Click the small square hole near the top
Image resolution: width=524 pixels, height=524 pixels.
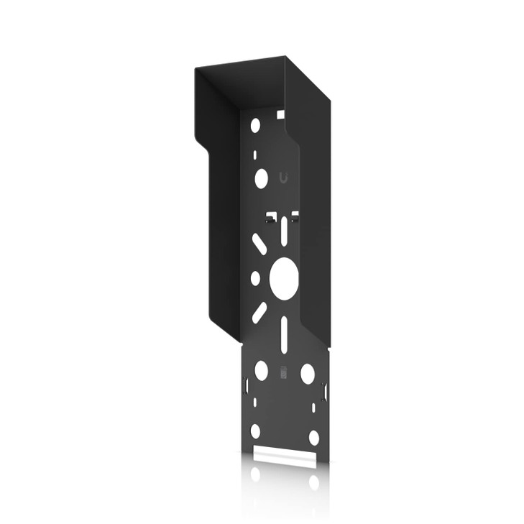tap(280, 114)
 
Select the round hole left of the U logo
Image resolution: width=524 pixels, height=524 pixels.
tap(261, 178)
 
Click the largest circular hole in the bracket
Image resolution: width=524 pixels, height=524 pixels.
tap(283, 278)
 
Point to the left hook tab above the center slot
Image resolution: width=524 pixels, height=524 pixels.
tap(270, 217)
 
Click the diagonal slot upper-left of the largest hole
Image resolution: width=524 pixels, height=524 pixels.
tap(260, 244)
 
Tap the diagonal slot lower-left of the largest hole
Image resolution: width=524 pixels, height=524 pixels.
tap(259, 312)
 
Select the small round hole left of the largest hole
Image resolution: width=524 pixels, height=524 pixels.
tap(255, 277)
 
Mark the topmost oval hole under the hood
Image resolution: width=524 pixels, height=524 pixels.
tap(255, 126)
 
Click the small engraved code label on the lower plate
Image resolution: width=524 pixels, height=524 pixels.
tap(283, 373)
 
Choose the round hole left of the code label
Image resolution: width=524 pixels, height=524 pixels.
tap(261, 370)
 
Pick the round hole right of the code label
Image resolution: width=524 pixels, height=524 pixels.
tap(307, 373)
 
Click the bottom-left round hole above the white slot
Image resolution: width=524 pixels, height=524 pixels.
tap(255, 431)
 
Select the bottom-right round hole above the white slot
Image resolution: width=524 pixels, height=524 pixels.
tap(313, 437)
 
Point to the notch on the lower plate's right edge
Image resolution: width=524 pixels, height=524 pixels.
tap(326, 392)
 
